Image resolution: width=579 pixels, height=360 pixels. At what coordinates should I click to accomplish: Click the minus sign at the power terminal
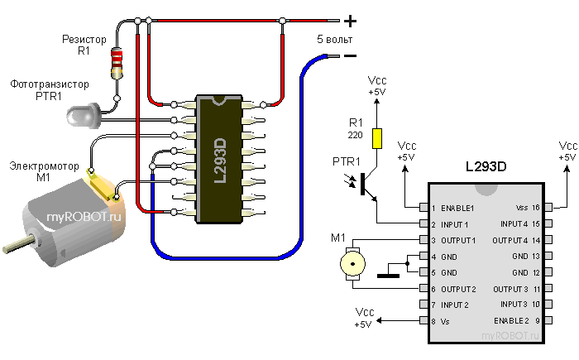coord(350,56)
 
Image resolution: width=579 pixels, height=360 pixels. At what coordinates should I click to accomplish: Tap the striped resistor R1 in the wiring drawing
coord(117,61)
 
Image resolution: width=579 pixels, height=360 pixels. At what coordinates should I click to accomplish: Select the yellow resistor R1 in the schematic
coord(378,138)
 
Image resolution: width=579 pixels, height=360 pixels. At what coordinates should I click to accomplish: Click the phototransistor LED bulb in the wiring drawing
coord(79,114)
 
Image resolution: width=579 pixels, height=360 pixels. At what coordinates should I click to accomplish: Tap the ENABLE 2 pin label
coord(512,319)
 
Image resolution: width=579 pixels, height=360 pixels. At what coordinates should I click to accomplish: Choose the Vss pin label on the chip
coord(521,208)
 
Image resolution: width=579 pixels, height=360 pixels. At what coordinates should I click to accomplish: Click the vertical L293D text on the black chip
coord(221,161)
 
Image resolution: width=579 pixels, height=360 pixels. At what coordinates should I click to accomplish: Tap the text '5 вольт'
coord(335,39)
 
